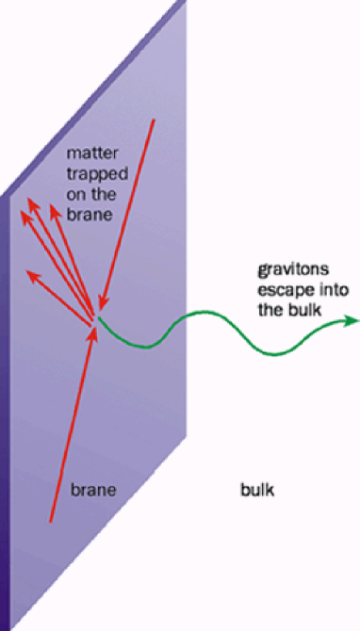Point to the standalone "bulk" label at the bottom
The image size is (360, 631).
(x=256, y=491)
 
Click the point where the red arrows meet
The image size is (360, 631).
(x=95, y=318)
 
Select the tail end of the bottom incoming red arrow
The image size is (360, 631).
(x=49, y=521)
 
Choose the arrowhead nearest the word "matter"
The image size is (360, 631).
(x=62, y=200)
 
